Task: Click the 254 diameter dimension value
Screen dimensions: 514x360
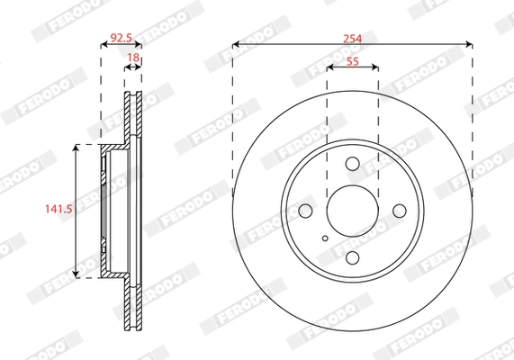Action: [x=352, y=39]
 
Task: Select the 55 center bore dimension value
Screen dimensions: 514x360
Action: [x=352, y=61]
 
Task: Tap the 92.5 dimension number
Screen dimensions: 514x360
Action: [x=121, y=38]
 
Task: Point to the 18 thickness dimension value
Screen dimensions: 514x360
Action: [x=133, y=58]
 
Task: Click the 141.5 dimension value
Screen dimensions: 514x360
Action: [x=59, y=209]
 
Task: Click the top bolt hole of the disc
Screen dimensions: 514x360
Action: [x=353, y=164]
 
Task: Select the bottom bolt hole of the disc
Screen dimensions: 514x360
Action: [x=353, y=258]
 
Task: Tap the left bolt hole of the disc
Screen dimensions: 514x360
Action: [x=305, y=211]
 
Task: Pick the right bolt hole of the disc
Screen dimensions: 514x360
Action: [x=400, y=211]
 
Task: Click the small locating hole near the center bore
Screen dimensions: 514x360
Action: [x=325, y=238]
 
